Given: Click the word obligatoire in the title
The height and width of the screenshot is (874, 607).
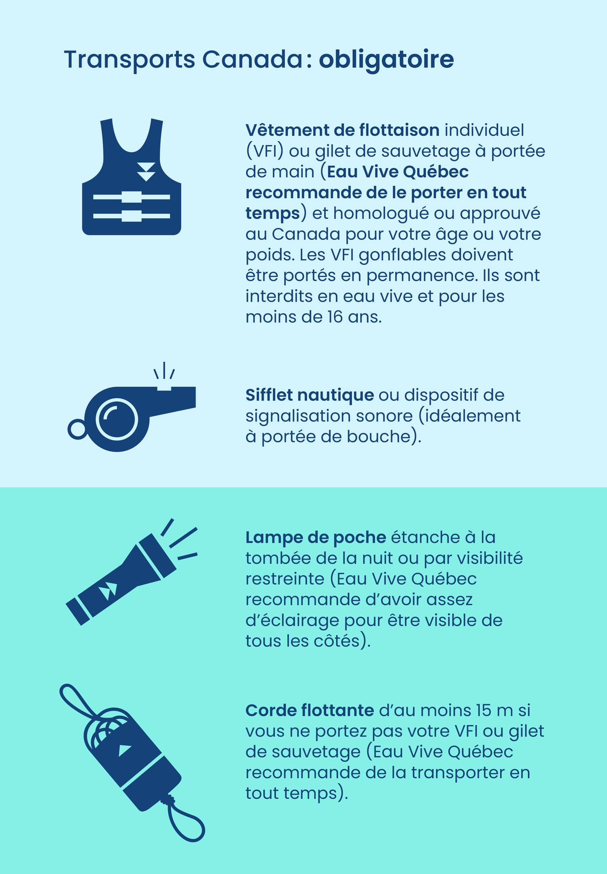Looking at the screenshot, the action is tap(386, 60).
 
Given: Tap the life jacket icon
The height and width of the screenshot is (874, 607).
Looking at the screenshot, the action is tap(132, 177).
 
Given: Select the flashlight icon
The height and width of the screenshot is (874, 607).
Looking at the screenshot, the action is tap(132, 571).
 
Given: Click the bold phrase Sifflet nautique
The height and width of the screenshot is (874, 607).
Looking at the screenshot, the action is tap(310, 395).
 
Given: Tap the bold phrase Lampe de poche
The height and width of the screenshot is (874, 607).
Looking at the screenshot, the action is tap(316, 537).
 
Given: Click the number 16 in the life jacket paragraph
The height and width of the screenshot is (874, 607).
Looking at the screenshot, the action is tap(335, 317).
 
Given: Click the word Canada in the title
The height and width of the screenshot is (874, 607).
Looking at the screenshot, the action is tap(251, 60).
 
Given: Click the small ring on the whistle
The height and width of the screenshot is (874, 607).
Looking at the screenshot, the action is tap(77, 429).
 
